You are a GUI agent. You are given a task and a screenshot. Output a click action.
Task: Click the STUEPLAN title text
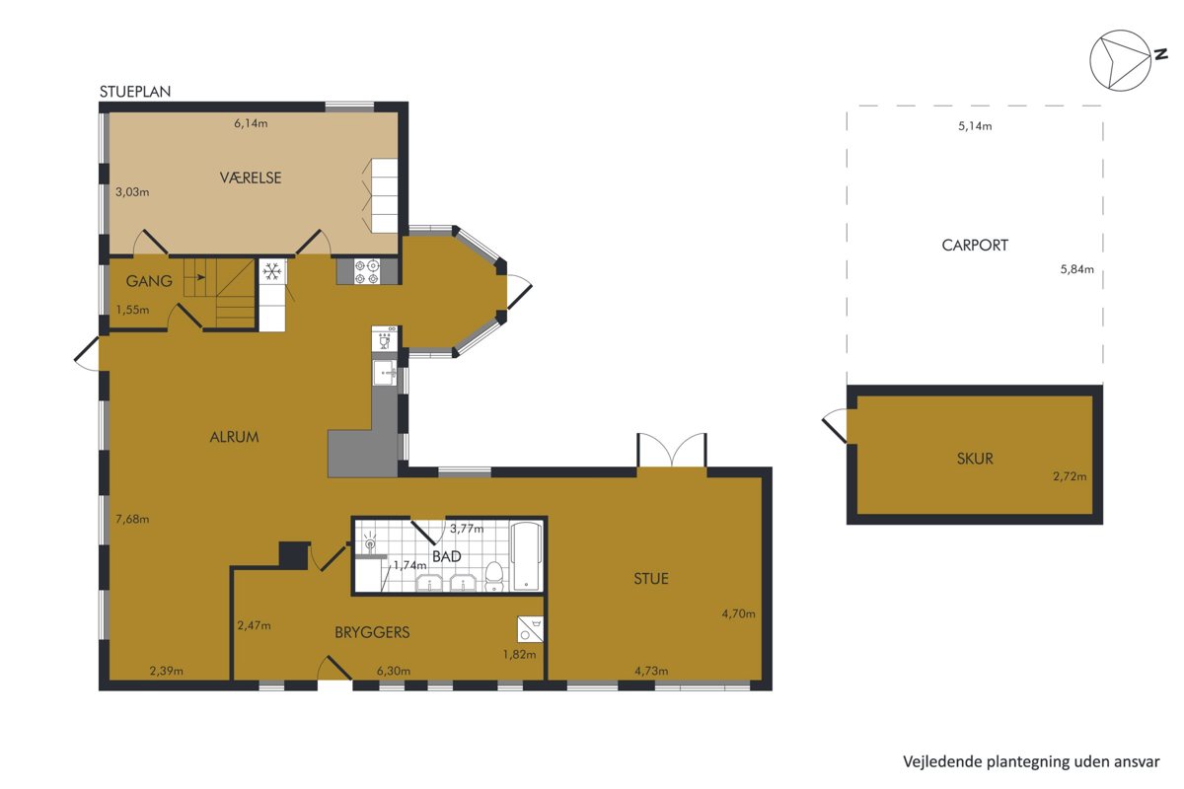(135, 92)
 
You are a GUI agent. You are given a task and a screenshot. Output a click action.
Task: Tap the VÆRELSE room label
(251, 178)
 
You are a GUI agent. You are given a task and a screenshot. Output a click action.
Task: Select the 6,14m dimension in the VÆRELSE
(251, 123)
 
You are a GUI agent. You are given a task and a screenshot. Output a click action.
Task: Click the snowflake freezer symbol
(272, 271)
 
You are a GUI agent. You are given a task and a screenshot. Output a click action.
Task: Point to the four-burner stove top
(367, 271)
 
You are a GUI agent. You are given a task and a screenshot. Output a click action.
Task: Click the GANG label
(149, 281)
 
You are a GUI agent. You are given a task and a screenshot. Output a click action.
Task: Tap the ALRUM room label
(234, 437)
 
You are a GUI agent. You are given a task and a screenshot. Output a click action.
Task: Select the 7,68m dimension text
(132, 519)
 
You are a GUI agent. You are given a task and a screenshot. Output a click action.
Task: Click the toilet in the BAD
(494, 577)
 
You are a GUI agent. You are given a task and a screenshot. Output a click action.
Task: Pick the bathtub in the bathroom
(527, 556)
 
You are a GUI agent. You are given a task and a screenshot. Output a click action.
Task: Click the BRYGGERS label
(372, 632)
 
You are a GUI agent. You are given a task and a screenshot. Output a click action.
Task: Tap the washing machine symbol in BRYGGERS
(530, 629)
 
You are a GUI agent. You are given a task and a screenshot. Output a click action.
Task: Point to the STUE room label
(651, 579)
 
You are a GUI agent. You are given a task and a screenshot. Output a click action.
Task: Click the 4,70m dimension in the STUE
(738, 613)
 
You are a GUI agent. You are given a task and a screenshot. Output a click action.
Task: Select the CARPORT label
(975, 246)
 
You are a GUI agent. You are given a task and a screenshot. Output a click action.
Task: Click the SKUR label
(975, 459)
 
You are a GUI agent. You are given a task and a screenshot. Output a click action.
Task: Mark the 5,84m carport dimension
(1076, 269)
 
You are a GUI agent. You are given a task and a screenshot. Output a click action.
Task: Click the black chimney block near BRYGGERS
(294, 555)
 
